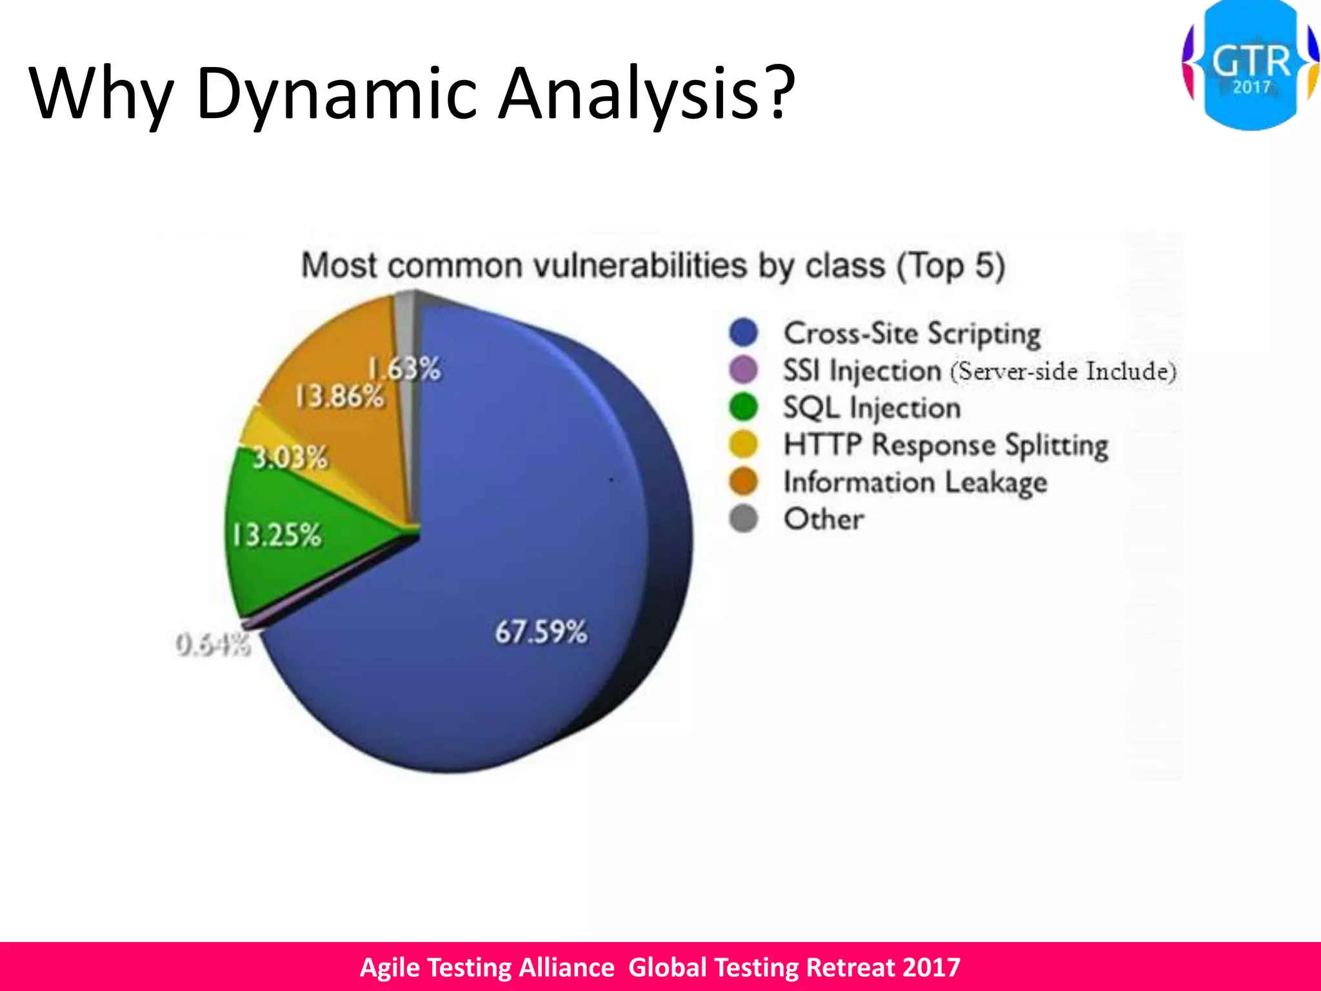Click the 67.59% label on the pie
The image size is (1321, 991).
[x=541, y=632]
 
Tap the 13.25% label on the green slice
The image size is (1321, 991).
[x=276, y=536]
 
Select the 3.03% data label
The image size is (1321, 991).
[x=290, y=458]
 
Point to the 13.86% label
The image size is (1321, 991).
[x=339, y=396]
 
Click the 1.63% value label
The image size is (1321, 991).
[x=404, y=370]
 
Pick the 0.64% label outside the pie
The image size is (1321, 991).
[x=213, y=645]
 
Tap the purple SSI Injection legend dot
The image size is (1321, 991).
[x=743, y=370]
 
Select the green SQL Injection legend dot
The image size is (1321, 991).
[x=743, y=407]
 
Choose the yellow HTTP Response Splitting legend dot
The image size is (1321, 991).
[x=743, y=445]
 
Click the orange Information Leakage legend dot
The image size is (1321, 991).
[x=743, y=481]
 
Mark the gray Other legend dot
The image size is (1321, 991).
[x=743, y=519]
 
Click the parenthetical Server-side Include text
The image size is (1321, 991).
[x=1063, y=372]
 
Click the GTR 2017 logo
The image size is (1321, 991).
[x=1251, y=66]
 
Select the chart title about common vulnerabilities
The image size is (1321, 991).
[x=653, y=266]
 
